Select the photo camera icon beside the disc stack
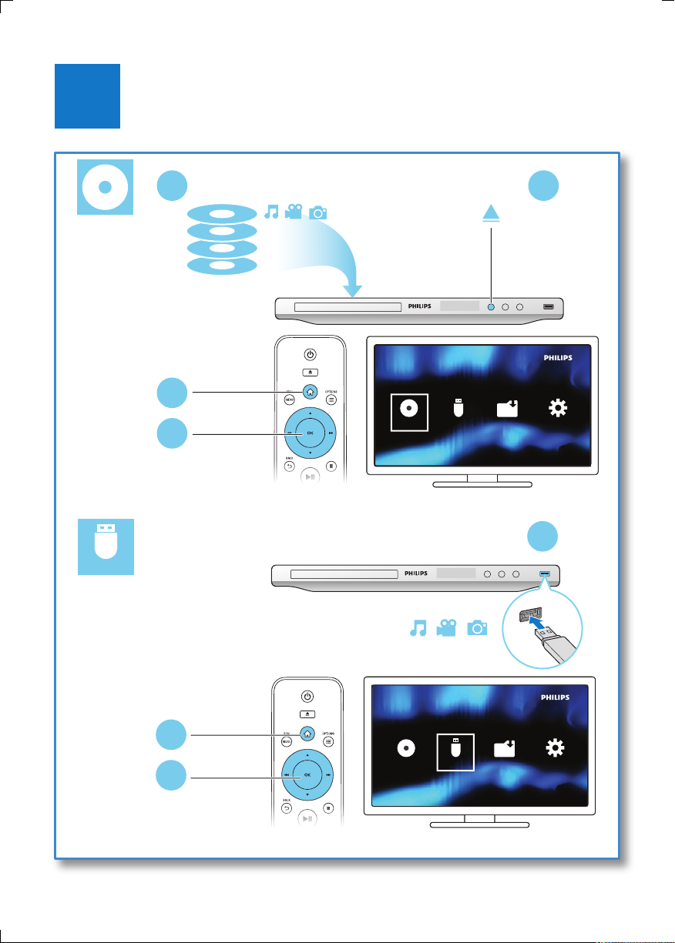point(317,212)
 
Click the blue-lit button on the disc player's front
point(490,306)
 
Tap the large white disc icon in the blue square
point(106,187)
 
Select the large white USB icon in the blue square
point(106,546)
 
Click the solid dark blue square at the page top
point(88,96)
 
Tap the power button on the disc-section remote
point(310,355)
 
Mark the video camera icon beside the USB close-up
point(445,628)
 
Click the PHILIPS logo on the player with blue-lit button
point(418,306)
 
